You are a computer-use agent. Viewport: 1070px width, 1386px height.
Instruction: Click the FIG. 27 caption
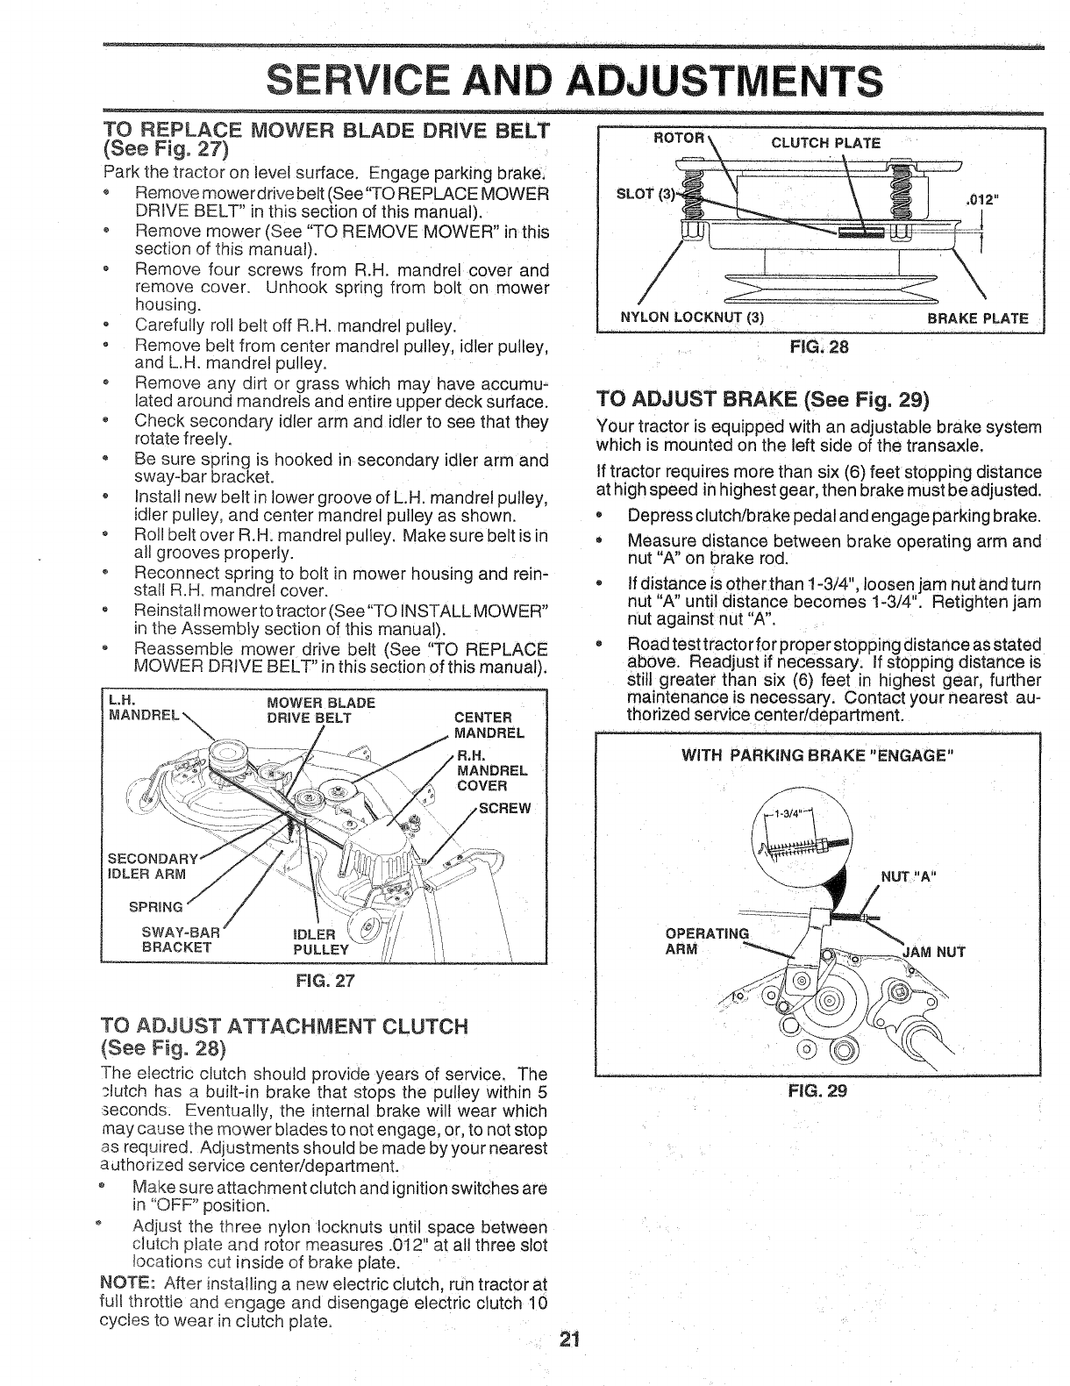[324, 979]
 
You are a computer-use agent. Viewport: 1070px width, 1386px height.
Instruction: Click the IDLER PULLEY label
[320, 941]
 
